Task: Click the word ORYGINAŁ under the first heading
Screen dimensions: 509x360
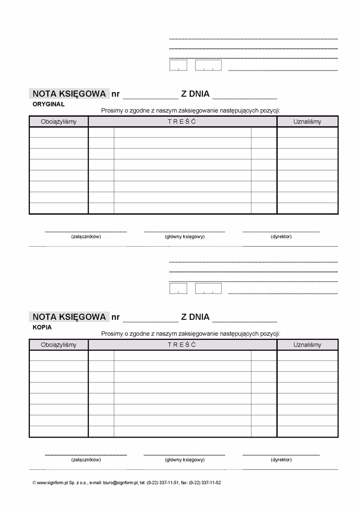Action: [48, 104]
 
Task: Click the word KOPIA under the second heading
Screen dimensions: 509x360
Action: [42, 326]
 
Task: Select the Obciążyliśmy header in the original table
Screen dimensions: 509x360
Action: [59, 121]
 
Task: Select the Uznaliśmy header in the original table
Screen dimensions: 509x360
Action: [308, 121]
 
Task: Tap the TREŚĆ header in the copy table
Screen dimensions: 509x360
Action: [182, 344]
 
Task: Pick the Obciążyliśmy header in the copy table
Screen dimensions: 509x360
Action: [59, 344]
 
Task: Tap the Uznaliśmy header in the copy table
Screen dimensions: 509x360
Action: [308, 344]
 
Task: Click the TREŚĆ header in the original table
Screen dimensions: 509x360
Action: [182, 121]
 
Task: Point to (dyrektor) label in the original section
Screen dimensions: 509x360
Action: [281, 237]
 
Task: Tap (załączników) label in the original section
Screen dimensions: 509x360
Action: [86, 237]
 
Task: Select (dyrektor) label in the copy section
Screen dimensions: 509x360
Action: [281, 460]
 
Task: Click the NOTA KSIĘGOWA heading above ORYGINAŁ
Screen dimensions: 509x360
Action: [69, 94]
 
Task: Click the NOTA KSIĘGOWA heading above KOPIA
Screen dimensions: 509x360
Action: [69, 317]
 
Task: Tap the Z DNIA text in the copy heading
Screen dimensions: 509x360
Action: [195, 317]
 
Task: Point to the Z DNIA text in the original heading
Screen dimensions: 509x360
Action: [195, 94]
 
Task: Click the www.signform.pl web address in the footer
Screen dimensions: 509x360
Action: [53, 483]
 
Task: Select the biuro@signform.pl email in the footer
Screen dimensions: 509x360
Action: [120, 483]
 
